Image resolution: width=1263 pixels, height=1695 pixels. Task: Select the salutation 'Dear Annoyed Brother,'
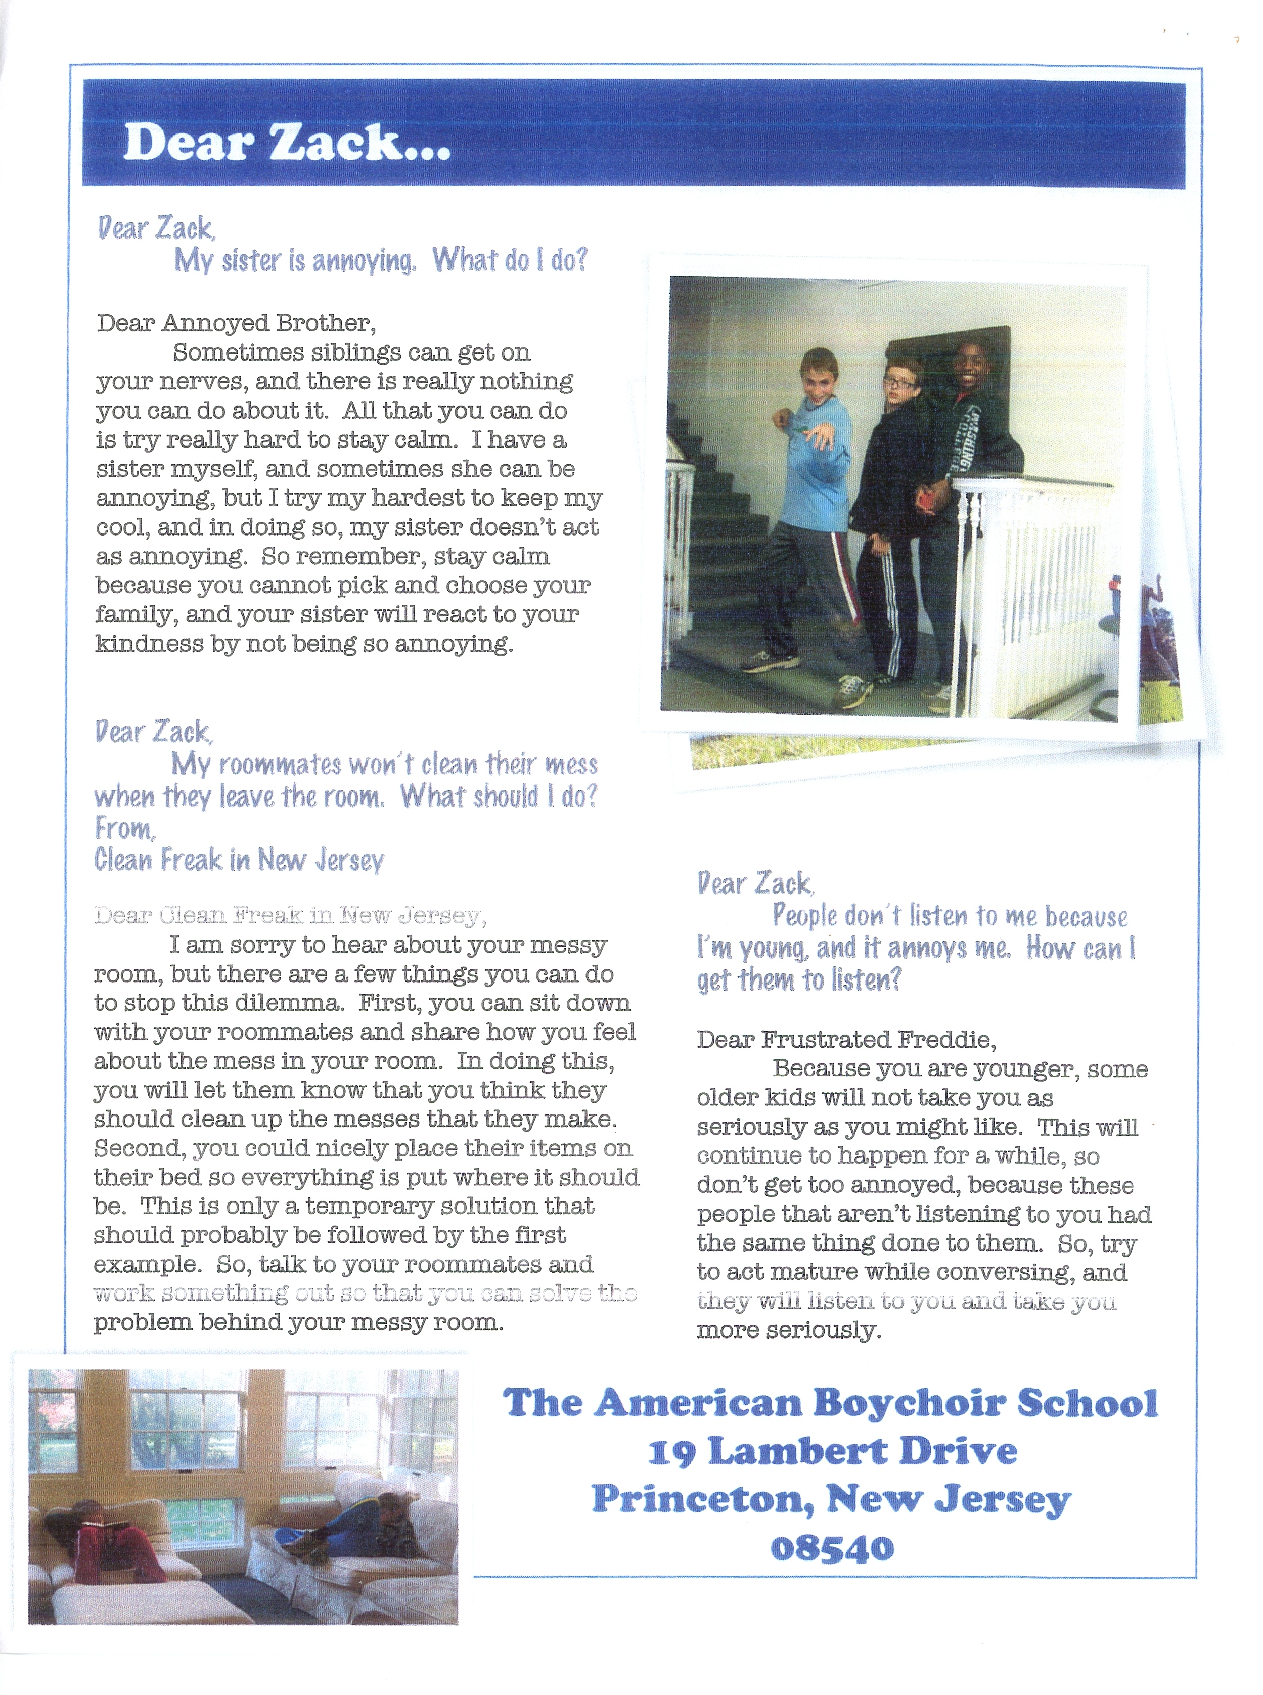click(x=236, y=324)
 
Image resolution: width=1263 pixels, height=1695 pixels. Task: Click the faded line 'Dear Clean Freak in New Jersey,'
click(x=290, y=915)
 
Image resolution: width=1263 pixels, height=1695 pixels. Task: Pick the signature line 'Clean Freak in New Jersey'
click(x=239, y=860)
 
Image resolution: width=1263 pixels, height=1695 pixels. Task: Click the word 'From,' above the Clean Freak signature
click(x=124, y=828)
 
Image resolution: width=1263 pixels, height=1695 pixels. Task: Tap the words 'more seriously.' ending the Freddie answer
click(x=789, y=1330)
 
